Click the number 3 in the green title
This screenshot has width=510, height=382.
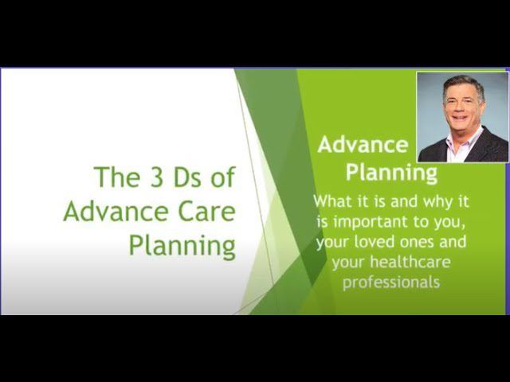(156, 177)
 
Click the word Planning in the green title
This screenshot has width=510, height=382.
(182, 246)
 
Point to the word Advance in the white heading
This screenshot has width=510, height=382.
(363, 145)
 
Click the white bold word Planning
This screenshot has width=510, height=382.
(391, 173)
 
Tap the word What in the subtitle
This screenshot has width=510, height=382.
(332, 201)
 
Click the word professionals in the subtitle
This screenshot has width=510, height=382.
(391, 283)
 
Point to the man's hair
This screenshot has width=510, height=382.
(463, 85)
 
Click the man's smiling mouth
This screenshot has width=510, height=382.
(460, 117)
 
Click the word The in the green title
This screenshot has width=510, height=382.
(117, 177)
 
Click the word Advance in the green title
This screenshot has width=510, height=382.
(116, 212)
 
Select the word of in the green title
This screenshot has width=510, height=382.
(223, 177)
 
